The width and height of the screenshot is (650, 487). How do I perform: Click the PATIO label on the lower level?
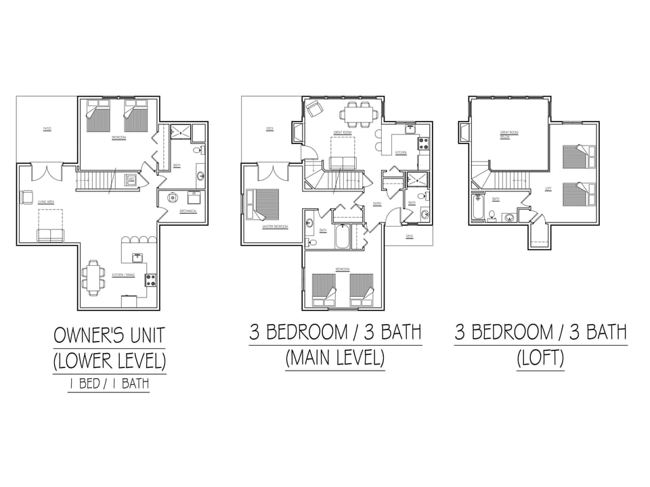(x=47, y=129)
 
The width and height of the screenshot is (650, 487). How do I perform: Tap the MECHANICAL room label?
(x=188, y=212)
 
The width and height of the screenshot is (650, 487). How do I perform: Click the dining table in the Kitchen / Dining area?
(x=93, y=279)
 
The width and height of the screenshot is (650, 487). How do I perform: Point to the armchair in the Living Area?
(x=26, y=197)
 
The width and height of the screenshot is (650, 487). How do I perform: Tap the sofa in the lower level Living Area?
(x=49, y=235)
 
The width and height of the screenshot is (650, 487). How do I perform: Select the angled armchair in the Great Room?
(x=314, y=108)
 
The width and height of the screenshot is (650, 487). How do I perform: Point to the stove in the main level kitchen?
(x=424, y=143)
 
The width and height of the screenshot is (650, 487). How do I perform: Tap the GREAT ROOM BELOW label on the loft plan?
(x=508, y=134)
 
